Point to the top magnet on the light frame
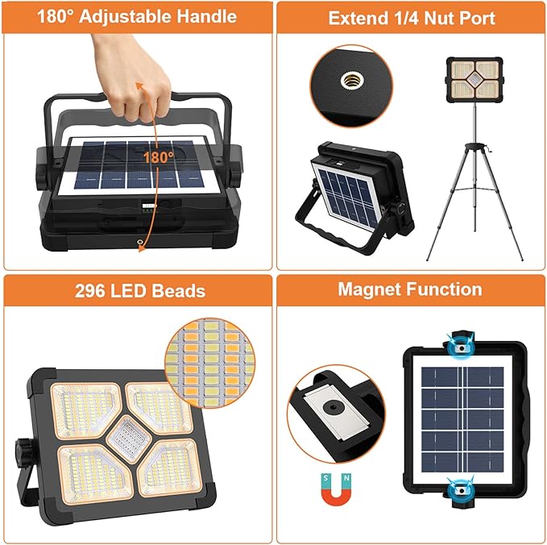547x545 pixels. [463, 344]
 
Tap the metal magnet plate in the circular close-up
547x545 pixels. [329, 407]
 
